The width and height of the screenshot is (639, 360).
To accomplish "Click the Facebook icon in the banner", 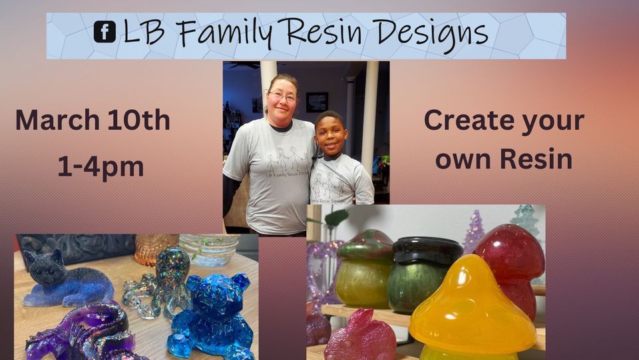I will click(x=105, y=32).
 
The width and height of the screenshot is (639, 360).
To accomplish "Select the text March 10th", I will click(x=93, y=120).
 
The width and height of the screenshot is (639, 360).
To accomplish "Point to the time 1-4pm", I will click(x=101, y=166).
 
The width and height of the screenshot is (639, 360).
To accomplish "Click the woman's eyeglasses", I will click(x=283, y=96).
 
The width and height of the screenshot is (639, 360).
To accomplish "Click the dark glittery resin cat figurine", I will click(x=63, y=279).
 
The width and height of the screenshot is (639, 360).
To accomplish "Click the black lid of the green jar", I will click(x=427, y=249).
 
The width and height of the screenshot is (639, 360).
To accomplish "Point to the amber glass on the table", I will click(x=154, y=248).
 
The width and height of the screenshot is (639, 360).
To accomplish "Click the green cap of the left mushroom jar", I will click(x=365, y=245).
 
